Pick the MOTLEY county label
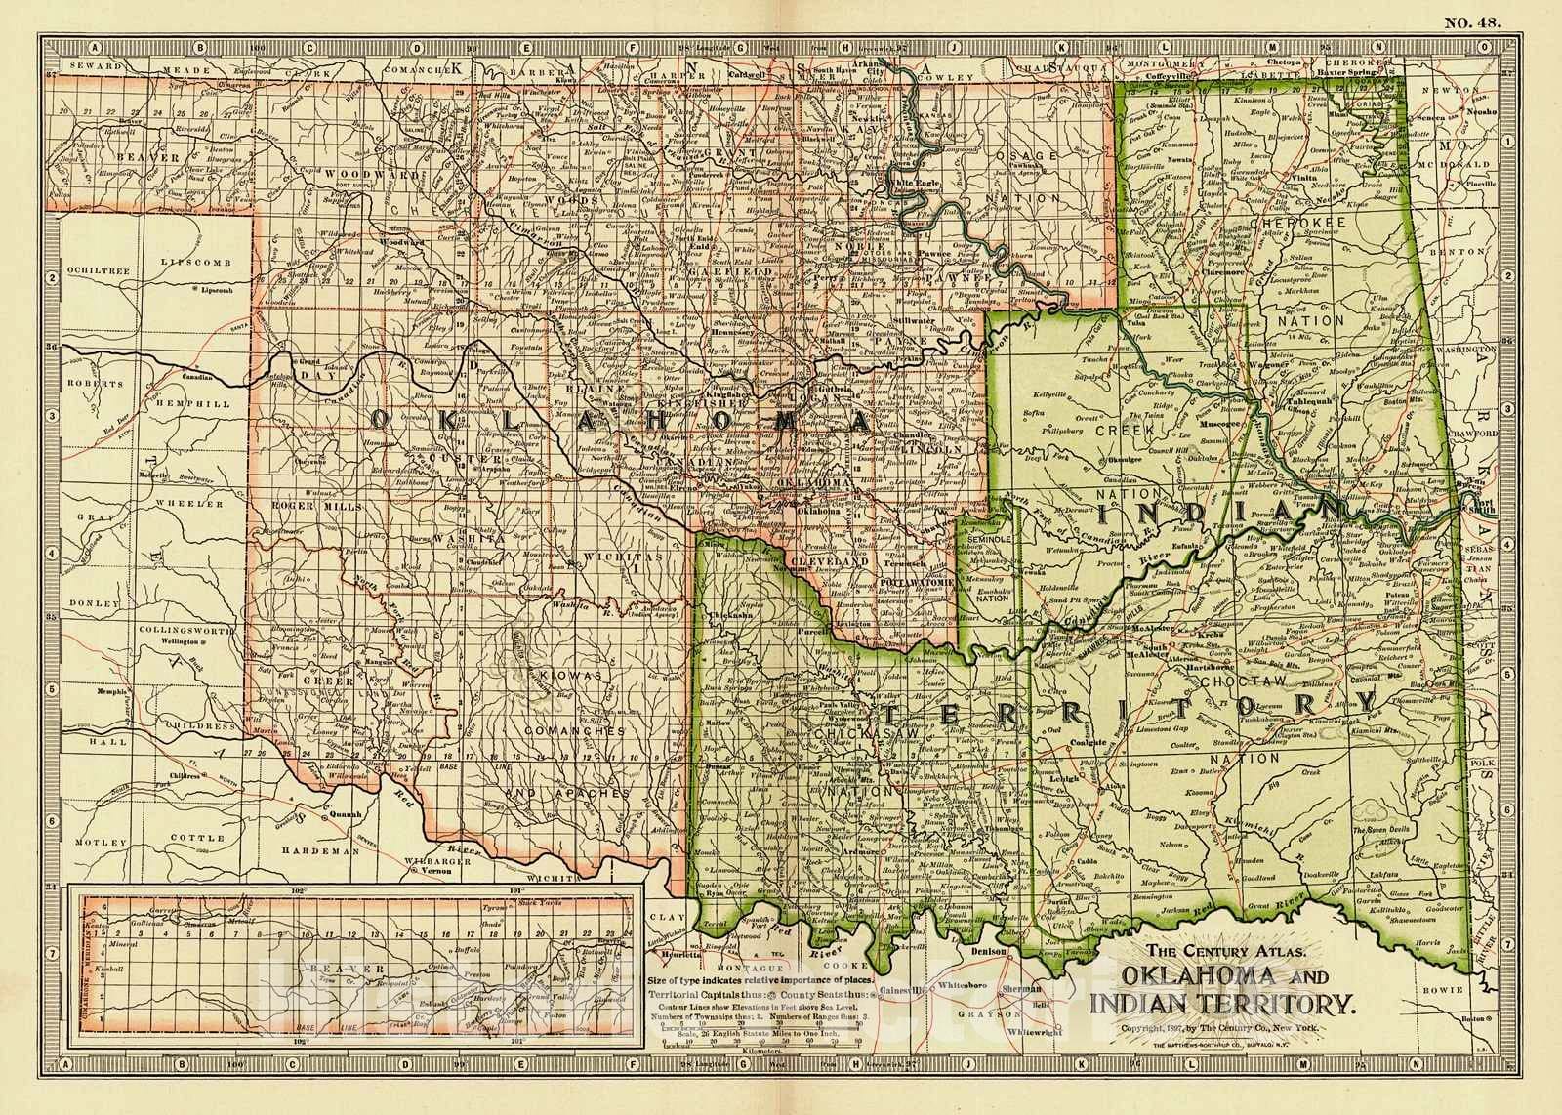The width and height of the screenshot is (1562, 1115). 105,842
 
